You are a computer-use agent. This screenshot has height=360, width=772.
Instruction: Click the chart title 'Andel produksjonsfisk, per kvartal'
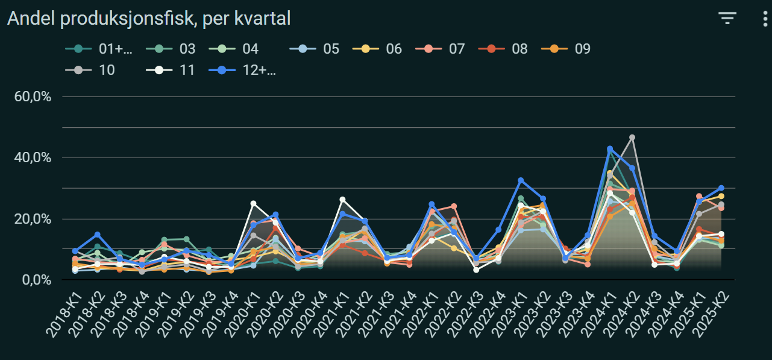[x=149, y=19]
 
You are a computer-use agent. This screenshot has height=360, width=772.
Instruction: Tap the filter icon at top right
[x=727, y=18]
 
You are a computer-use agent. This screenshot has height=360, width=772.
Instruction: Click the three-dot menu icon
[x=764, y=18]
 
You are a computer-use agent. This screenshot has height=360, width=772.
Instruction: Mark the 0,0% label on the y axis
[x=36, y=280]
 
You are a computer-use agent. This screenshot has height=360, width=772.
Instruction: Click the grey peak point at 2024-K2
[x=632, y=137]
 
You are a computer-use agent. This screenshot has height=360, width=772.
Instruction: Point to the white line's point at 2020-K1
[x=254, y=204]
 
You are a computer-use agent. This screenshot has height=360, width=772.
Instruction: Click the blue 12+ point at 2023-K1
[x=521, y=180]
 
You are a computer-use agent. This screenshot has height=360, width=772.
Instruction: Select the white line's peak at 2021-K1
[x=343, y=200]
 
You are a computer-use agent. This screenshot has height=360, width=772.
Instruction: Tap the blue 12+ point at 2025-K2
[x=721, y=188]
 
